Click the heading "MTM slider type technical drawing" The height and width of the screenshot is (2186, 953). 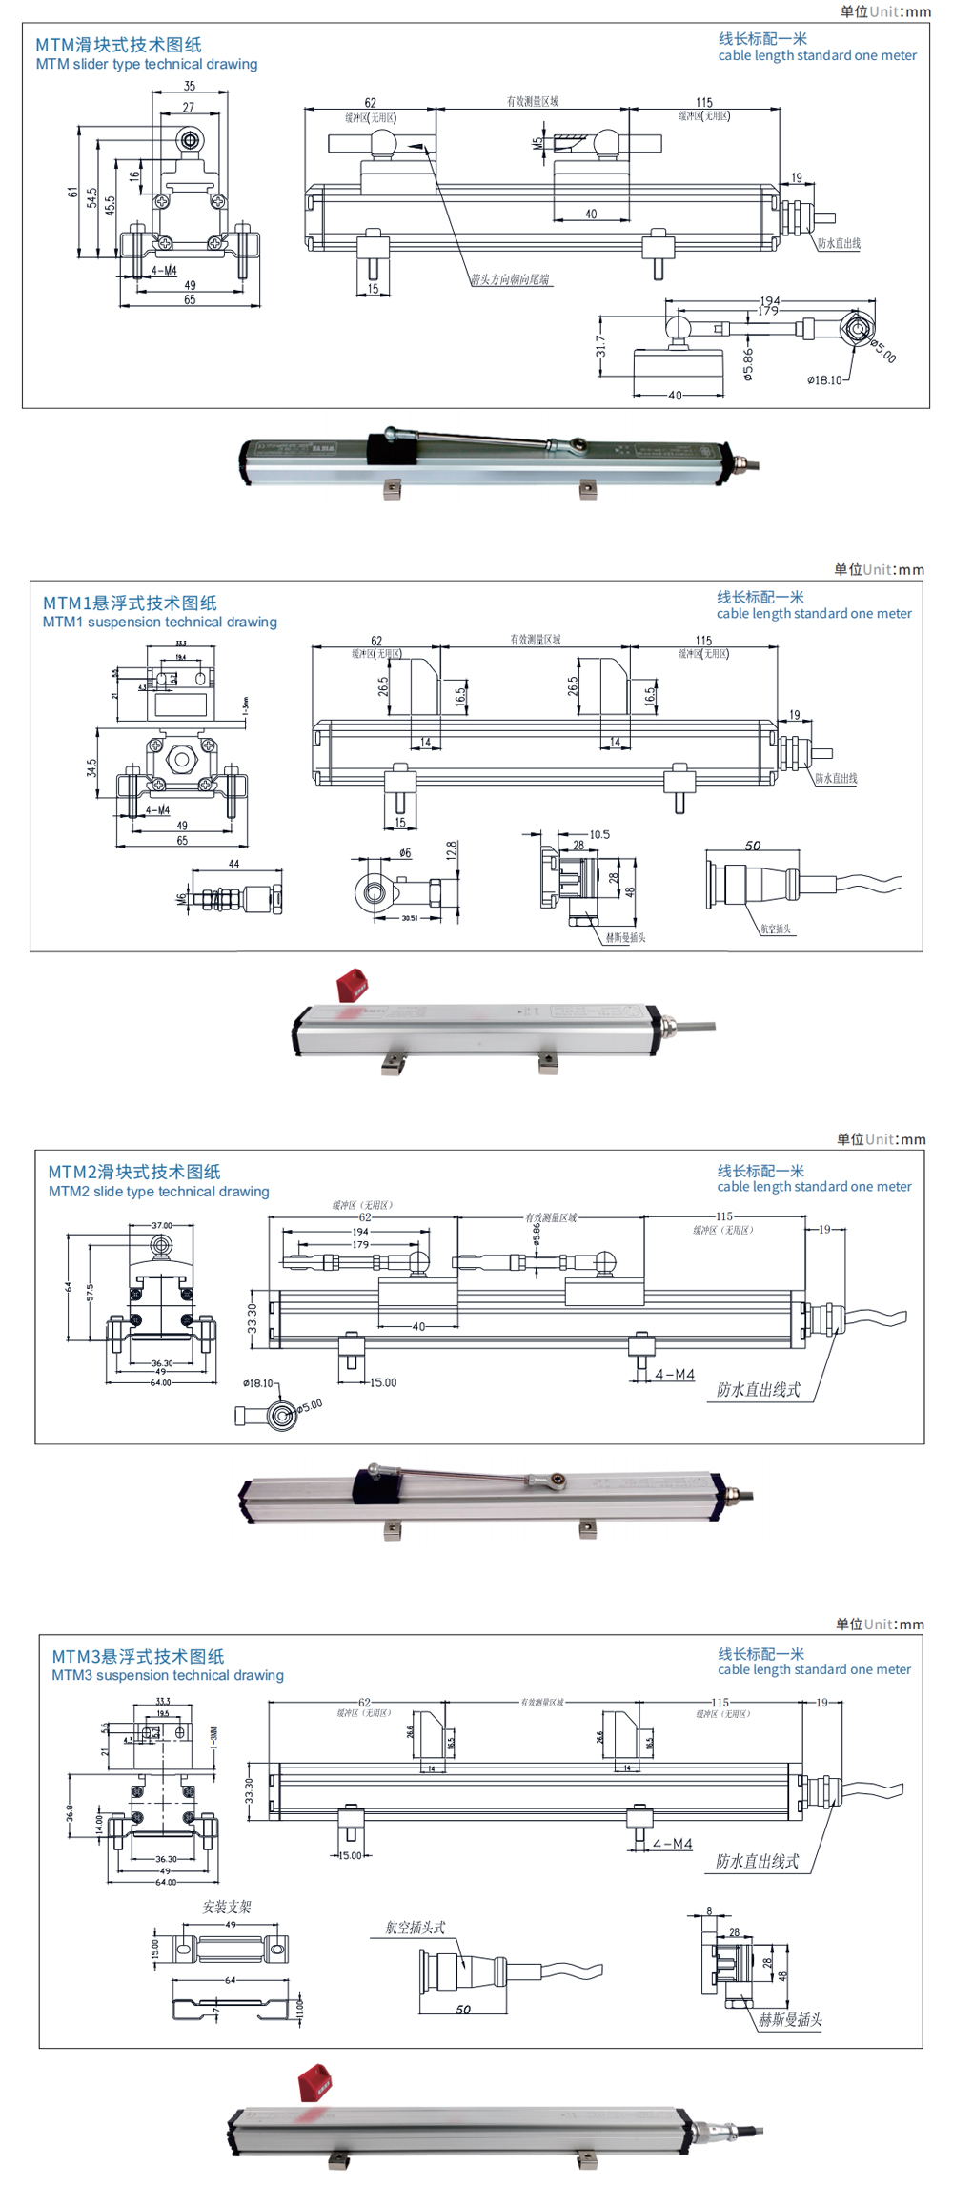tap(147, 64)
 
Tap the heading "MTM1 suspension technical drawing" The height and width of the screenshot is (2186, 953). tap(160, 622)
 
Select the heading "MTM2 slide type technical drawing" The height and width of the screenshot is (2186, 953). tap(159, 1191)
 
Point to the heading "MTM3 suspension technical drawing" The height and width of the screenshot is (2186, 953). tap(168, 1674)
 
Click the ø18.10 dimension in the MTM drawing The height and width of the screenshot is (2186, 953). tap(824, 379)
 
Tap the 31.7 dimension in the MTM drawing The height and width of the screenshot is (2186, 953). tap(600, 346)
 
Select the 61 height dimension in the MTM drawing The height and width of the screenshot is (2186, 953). tap(73, 192)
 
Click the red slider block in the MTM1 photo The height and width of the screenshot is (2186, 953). tap(352, 985)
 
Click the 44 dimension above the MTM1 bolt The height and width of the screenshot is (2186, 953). tap(234, 864)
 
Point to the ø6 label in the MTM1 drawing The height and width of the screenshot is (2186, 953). tap(405, 852)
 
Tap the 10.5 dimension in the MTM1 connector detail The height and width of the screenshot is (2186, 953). tap(599, 834)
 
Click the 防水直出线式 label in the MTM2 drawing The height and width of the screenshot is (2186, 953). tap(759, 1389)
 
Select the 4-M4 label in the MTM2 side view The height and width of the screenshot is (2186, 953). tap(675, 1375)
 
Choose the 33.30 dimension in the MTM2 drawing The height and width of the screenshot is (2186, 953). tap(253, 1320)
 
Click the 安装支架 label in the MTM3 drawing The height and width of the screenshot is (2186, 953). tap(227, 1907)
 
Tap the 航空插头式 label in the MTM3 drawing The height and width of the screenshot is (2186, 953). tap(416, 1927)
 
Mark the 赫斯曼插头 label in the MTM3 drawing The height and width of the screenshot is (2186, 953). tap(790, 2019)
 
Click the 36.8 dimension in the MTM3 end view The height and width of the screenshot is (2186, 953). tap(70, 1811)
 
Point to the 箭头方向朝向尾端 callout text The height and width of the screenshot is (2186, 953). tap(510, 279)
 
